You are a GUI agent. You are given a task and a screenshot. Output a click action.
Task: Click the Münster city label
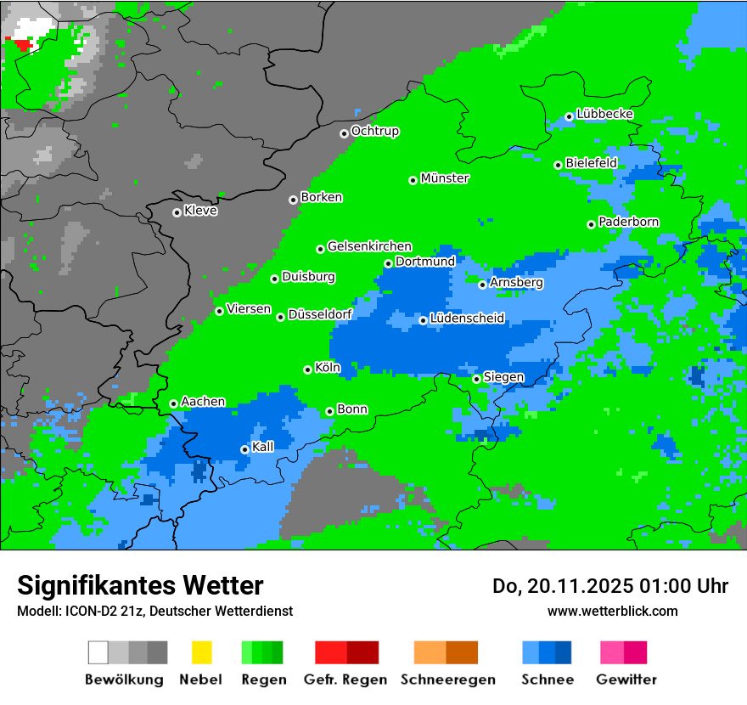tap(445, 178)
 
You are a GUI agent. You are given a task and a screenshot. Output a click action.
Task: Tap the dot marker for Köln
tap(308, 369)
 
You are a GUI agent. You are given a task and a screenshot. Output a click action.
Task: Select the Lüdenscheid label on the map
tap(467, 319)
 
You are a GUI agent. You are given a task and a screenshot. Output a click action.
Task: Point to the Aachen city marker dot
tap(174, 403)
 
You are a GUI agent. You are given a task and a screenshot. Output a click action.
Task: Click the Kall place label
tap(263, 447)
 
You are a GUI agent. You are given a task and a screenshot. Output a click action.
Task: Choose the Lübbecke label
tap(604, 114)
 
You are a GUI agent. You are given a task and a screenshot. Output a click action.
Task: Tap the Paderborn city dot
tap(592, 224)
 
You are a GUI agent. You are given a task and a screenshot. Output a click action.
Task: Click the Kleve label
tap(200, 211)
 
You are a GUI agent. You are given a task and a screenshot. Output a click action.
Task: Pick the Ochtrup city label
tap(374, 131)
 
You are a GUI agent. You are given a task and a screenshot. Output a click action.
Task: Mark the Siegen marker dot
tap(477, 379)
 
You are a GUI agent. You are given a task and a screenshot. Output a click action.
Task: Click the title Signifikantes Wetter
tap(140, 585)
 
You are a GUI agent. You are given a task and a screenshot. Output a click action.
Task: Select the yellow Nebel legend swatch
tap(201, 652)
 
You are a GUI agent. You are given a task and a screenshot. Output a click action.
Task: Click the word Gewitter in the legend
tap(626, 680)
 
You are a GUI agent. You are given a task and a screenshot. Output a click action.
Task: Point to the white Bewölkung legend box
tap(98, 652)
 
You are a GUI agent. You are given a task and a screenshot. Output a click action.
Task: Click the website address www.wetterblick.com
tap(612, 611)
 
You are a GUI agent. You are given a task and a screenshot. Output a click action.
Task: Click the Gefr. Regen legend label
tap(345, 680)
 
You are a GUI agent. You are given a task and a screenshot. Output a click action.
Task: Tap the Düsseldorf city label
tap(320, 314)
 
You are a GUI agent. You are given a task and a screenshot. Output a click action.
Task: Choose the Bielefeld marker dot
tap(559, 165)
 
